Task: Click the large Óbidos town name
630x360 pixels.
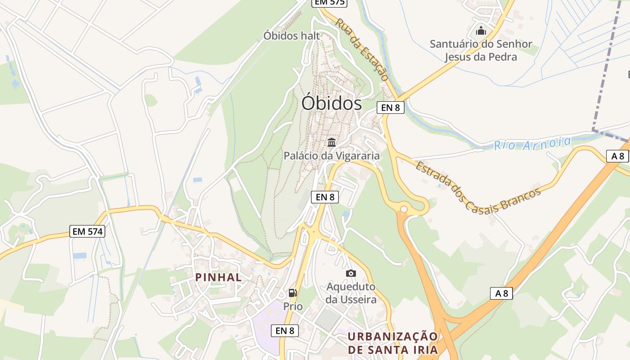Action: (x=332, y=103)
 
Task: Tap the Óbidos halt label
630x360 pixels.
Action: (x=292, y=36)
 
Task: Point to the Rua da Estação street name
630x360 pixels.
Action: (x=362, y=49)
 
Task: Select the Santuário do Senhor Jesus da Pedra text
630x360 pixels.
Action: (x=481, y=50)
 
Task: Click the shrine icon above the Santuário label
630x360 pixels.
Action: (x=481, y=31)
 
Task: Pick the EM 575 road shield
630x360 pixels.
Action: (x=330, y=2)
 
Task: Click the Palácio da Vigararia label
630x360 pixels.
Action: (x=332, y=156)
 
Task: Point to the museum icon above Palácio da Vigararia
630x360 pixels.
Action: (x=332, y=143)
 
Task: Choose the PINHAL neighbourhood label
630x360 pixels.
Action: (x=219, y=277)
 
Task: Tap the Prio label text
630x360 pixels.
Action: (x=293, y=306)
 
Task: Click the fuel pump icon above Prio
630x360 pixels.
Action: (x=293, y=293)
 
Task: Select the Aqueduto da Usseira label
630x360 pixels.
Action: (x=351, y=293)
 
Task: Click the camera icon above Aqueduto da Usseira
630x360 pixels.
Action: (x=351, y=273)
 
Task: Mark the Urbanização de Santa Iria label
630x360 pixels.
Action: (x=393, y=343)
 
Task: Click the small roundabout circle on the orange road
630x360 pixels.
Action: (x=404, y=209)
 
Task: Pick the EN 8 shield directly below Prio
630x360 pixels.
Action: (x=285, y=331)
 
